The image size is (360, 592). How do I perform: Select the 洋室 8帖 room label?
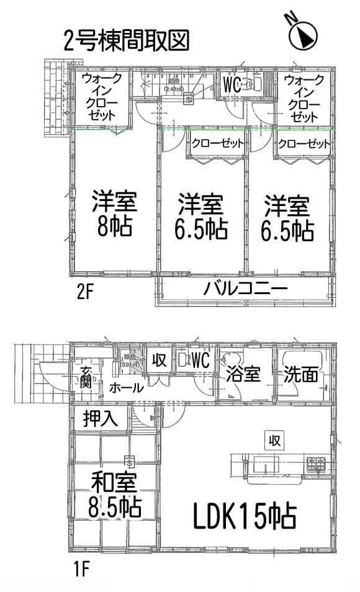tap(114, 215)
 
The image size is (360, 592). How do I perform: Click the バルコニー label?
tap(245, 289)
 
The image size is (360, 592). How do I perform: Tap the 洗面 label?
tap(302, 374)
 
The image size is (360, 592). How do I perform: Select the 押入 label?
tap(101, 418)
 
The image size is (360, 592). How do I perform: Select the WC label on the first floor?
tap(199, 359)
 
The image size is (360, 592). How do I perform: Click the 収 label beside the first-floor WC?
tap(159, 361)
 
